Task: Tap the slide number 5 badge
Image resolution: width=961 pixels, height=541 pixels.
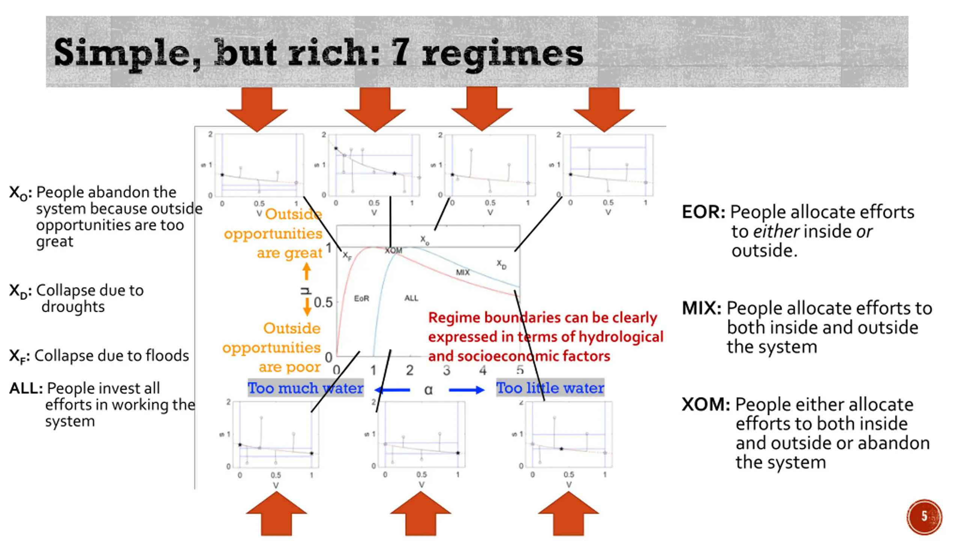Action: tap(924, 516)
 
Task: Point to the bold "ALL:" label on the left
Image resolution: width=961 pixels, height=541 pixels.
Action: tap(26, 388)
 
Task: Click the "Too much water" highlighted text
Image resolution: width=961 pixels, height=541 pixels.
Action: tap(305, 388)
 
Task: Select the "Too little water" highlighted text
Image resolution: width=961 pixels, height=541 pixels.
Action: tap(550, 388)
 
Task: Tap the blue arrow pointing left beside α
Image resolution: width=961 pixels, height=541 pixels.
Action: tap(392, 390)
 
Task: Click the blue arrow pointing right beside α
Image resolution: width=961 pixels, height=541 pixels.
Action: tap(467, 390)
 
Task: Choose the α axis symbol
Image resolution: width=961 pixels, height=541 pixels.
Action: tap(428, 390)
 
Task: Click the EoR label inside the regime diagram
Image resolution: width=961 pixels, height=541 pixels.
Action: tap(362, 299)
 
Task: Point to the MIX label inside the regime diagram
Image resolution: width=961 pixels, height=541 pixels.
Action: tap(462, 272)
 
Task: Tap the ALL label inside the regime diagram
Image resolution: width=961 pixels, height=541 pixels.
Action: tap(411, 298)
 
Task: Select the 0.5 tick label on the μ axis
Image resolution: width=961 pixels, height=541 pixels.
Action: tap(323, 303)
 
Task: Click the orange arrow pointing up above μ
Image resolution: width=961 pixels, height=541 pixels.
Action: tap(307, 271)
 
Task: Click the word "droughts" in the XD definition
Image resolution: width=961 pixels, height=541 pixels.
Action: tap(73, 307)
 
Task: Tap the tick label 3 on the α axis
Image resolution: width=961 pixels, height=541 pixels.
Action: tap(446, 370)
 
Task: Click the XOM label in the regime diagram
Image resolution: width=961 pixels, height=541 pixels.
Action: tap(393, 251)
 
